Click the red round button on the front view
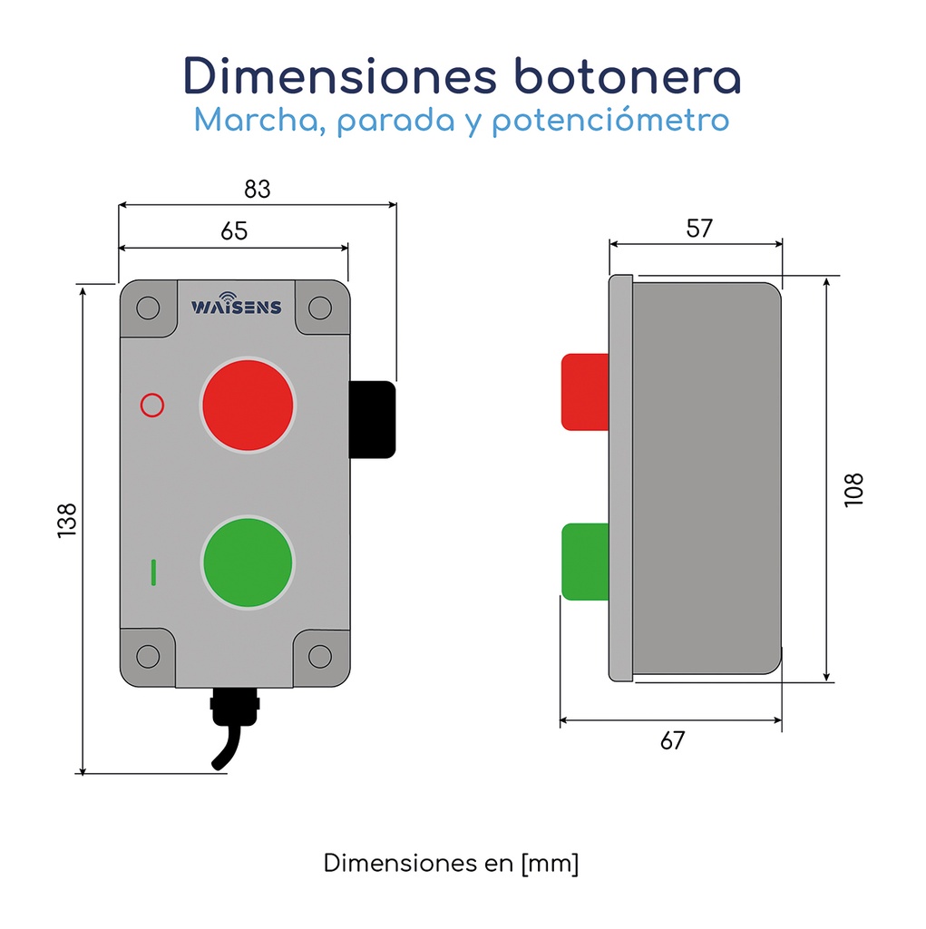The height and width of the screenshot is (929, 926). coord(248,403)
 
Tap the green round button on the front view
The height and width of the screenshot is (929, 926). coord(248,562)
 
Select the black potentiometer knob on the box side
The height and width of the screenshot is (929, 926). coord(373,419)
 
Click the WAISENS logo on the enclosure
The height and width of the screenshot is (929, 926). coord(236,306)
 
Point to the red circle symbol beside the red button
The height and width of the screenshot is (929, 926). coord(152,405)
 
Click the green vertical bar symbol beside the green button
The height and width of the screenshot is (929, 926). coord(154,572)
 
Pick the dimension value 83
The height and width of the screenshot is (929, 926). coord(258,190)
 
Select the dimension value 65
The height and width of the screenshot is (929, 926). coord(234,231)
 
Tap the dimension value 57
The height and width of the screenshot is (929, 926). coord(698,229)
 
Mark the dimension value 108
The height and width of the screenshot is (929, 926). coord(853,490)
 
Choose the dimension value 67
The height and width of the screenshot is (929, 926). coord(672,740)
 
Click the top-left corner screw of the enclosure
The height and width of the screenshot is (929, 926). coord(148,308)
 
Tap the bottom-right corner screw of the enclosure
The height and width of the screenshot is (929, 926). coord(320,656)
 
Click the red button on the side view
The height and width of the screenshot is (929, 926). coord(585,391)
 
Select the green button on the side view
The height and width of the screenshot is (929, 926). coord(585,562)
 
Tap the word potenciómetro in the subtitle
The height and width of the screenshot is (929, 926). coord(610,121)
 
